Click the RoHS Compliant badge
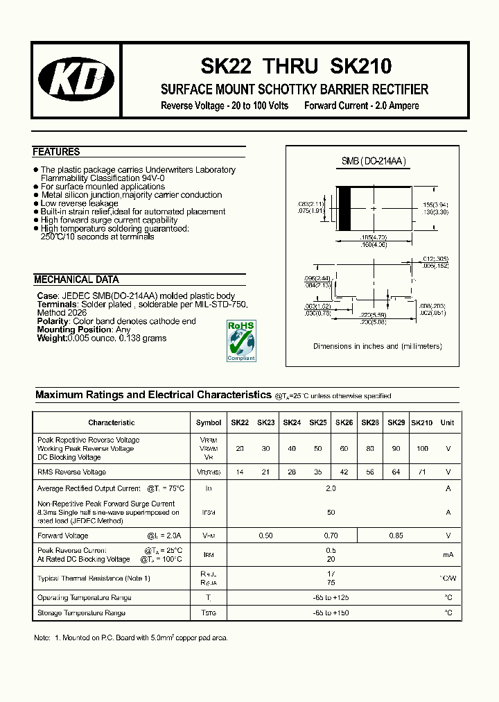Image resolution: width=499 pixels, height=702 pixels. [241, 340]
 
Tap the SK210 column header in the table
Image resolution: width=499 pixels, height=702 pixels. [421, 422]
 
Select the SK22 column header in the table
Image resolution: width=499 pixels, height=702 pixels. [240, 422]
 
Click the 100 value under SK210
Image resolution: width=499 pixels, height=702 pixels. [421, 449]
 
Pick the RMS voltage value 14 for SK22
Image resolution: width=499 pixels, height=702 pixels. [240, 472]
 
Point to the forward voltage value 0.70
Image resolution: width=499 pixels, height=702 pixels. [331, 536]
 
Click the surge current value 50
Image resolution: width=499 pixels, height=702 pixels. [331, 513]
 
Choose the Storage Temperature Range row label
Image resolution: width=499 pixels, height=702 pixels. [81, 613]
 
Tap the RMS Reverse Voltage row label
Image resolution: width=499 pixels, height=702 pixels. [71, 472]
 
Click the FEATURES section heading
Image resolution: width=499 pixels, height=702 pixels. [56, 152]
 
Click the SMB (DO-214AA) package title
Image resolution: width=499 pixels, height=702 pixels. [374, 162]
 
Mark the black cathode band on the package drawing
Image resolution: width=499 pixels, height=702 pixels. [343, 209]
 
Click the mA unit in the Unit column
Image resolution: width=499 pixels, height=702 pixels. [448, 555]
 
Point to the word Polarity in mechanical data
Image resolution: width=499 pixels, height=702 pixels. [52, 322]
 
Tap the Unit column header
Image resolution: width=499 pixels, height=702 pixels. [448, 422]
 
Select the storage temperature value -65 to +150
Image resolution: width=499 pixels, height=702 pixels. [331, 613]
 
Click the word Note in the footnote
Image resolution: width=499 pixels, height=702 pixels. [43, 637]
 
